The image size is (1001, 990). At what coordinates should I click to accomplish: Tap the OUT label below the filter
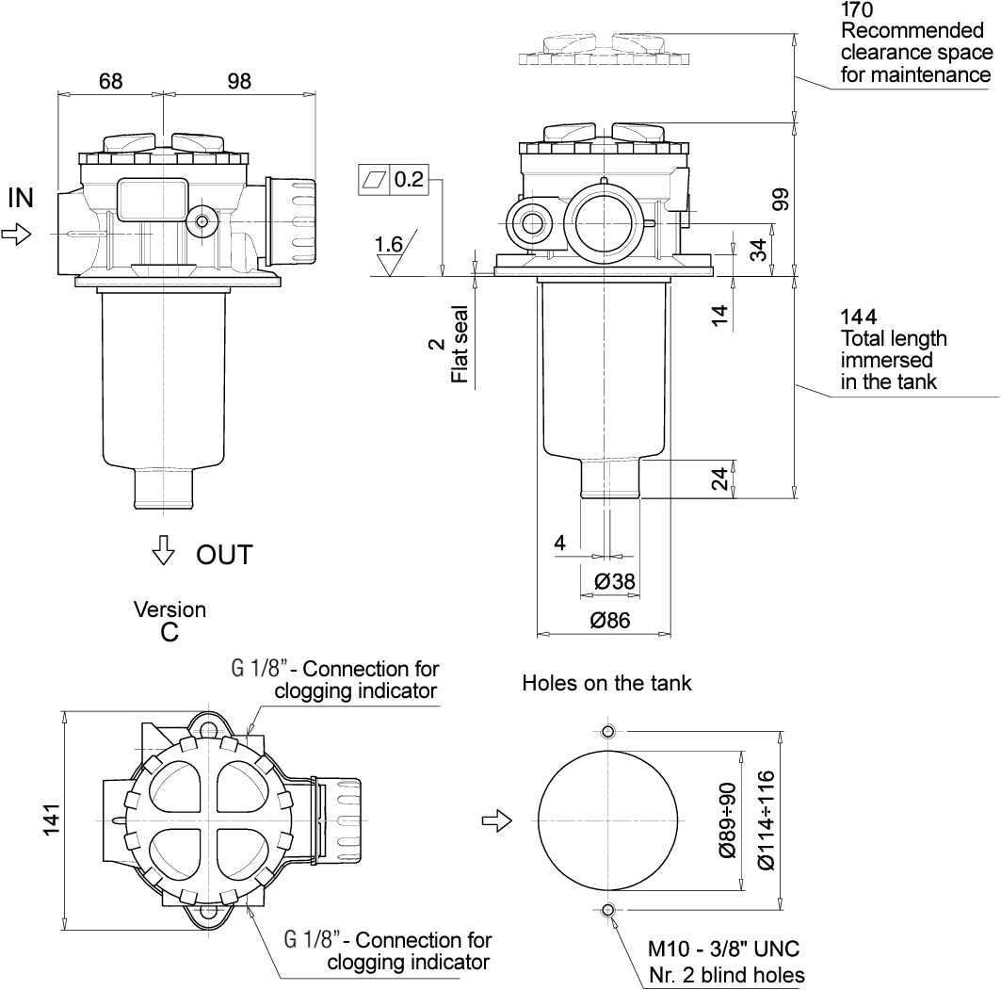tap(224, 555)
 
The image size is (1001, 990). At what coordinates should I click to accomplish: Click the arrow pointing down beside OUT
tap(164, 550)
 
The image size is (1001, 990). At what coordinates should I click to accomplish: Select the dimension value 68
tap(110, 81)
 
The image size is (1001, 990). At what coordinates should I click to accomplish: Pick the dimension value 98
tap(239, 81)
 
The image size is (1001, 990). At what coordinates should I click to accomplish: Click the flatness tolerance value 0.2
tap(409, 179)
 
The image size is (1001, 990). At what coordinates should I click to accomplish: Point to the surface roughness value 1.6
tap(388, 245)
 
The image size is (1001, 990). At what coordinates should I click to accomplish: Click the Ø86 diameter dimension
tap(609, 620)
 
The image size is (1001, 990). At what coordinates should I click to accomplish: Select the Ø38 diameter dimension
tap(615, 582)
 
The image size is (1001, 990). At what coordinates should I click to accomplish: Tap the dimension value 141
tap(52, 819)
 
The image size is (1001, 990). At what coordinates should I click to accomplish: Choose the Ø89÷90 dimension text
tap(726, 820)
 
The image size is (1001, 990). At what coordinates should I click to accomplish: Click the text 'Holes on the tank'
tap(606, 684)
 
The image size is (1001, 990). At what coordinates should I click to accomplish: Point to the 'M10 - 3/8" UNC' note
tap(723, 949)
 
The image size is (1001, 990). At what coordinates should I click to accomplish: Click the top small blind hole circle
tap(607, 733)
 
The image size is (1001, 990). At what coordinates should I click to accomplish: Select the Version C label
tap(170, 621)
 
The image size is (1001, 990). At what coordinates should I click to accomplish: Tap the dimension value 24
tap(719, 479)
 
